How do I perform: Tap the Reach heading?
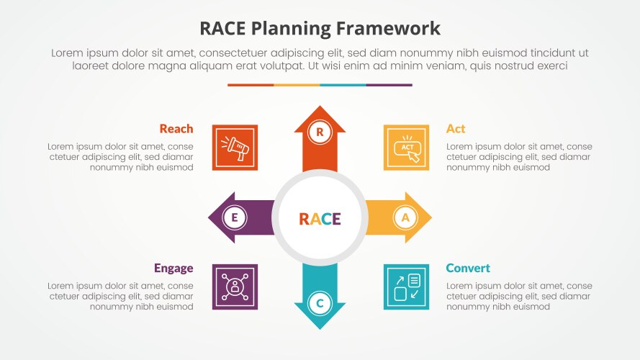coord(176,129)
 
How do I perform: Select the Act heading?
coord(456,129)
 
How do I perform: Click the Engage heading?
coord(173,268)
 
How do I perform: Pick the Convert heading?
coord(468,268)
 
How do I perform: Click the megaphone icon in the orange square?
coord(235,148)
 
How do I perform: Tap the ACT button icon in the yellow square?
coord(406,148)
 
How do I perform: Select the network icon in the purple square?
coord(235,287)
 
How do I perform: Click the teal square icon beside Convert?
coord(406,287)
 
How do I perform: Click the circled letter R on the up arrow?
coord(320,131)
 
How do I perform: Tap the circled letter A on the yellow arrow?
coord(405,217)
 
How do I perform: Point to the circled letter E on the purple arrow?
coord(234,217)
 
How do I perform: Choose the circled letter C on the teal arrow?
coord(320,303)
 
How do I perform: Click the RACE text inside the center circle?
coord(320,219)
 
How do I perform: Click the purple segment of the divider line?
coord(389,85)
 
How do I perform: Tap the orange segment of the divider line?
coord(251,85)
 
